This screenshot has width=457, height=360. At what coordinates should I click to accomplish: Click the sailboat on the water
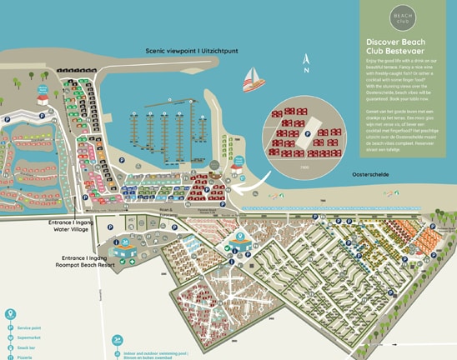(x=252, y=79)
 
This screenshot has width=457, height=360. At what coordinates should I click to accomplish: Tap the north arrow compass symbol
(x=306, y=65)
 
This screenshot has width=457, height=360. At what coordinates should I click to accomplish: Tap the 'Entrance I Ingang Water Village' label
(x=73, y=227)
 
